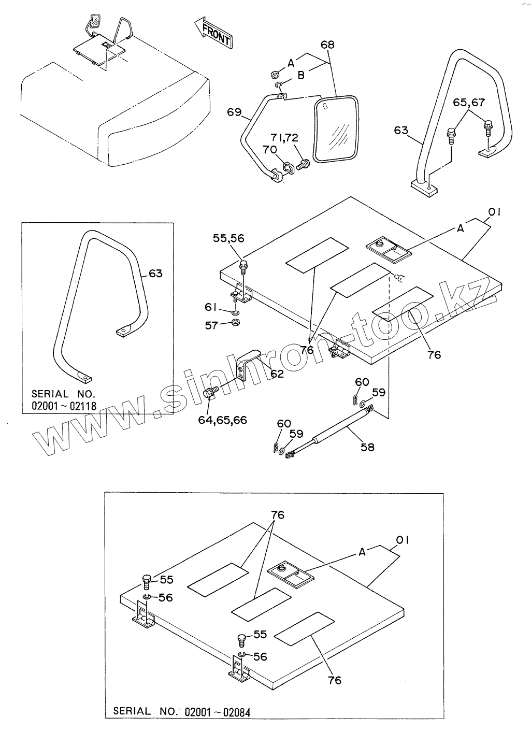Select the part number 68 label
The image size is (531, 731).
[327, 45]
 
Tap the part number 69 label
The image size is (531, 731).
[234, 111]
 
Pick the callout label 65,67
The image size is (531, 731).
[468, 103]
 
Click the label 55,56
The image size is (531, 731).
[228, 238]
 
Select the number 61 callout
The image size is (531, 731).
[210, 308]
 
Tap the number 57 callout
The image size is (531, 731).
[210, 325]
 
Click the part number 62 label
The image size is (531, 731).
[277, 373]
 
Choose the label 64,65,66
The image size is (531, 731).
[222, 419]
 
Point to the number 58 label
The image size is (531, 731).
[367, 447]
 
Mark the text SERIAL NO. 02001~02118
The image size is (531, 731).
[64, 399]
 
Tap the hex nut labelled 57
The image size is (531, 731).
[234, 324]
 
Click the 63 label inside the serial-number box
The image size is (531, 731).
[155, 273]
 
